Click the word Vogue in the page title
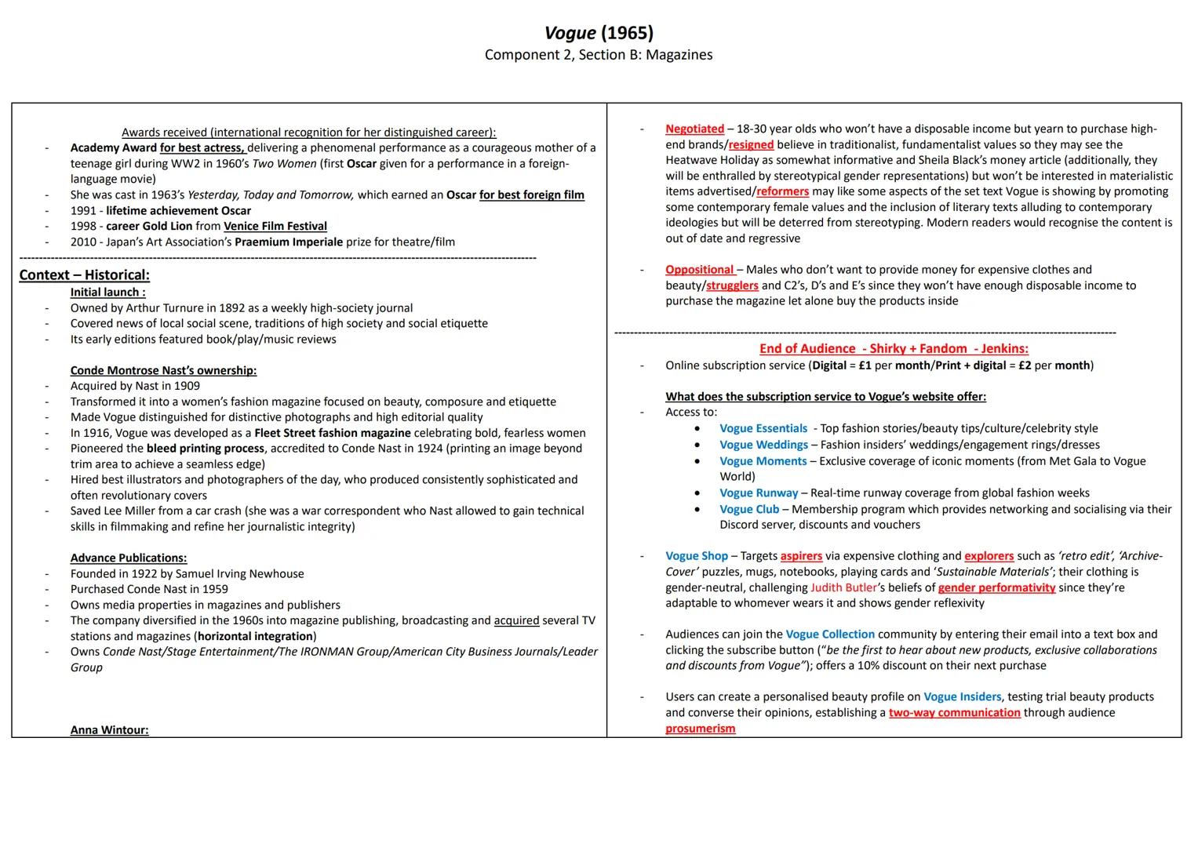pyautogui.click(x=570, y=33)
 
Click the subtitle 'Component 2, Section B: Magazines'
pyautogui.click(x=599, y=55)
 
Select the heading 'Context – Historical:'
pyautogui.click(x=84, y=275)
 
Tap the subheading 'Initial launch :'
pyautogui.click(x=107, y=293)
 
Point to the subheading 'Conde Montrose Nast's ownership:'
pyautogui.click(x=163, y=370)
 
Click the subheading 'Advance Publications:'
pyautogui.click(x=129, y=558)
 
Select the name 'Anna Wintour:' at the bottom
pyautogui.click(x=109, y=730)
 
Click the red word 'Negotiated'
pyautogui.click(x=694, y=129)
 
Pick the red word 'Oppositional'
pyautogui.click(x=700, y=270)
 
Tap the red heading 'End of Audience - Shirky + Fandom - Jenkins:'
pyautogui.click(x=894, y=349)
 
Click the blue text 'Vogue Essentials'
pyautogui.click(x=763, y=429)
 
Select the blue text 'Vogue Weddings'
pyautogui.click(x=763, y=445)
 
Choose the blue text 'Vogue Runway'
pyautogui.click(x=759, y=493)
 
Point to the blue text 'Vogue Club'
pyautogui.click(x=749, y=509)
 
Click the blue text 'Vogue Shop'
pyautogui.click(x=697, y=556)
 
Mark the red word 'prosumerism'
pyautogui.click(x=701, y=729)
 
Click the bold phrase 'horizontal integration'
pyautogui.click(x=256, y=636)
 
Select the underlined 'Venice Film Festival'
pyautogui.click(x=275, y=227)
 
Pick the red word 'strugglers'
pyautogui.click(x=732, y=285)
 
